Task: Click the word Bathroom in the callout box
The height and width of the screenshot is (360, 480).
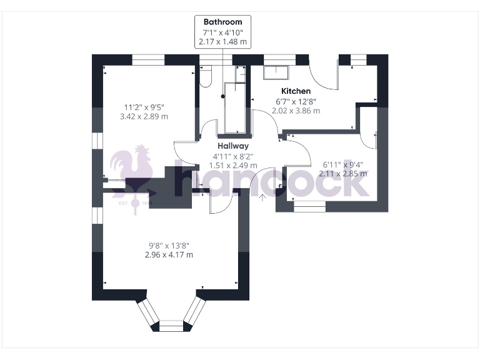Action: (x=222, y=22)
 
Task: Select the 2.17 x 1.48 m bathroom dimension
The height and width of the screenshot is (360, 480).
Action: (x=222, y=42)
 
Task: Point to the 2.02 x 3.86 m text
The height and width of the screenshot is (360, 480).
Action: (x=296, y=111)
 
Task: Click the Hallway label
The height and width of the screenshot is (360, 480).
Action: (x=232, y=146)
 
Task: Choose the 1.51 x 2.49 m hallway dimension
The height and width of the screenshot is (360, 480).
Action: (x=232, y=166)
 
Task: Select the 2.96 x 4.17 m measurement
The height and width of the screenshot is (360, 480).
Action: (x=167, y=254)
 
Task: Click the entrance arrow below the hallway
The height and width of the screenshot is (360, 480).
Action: (x=262, y=198)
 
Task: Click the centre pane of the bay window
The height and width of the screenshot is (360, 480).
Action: (x=169, y=326)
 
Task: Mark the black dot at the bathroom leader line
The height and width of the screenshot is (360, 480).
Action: (x=222, y=96)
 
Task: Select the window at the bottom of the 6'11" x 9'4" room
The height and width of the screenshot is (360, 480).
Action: (x=310, y=204)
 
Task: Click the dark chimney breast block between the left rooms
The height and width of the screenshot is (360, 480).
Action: (x=169, y=187)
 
